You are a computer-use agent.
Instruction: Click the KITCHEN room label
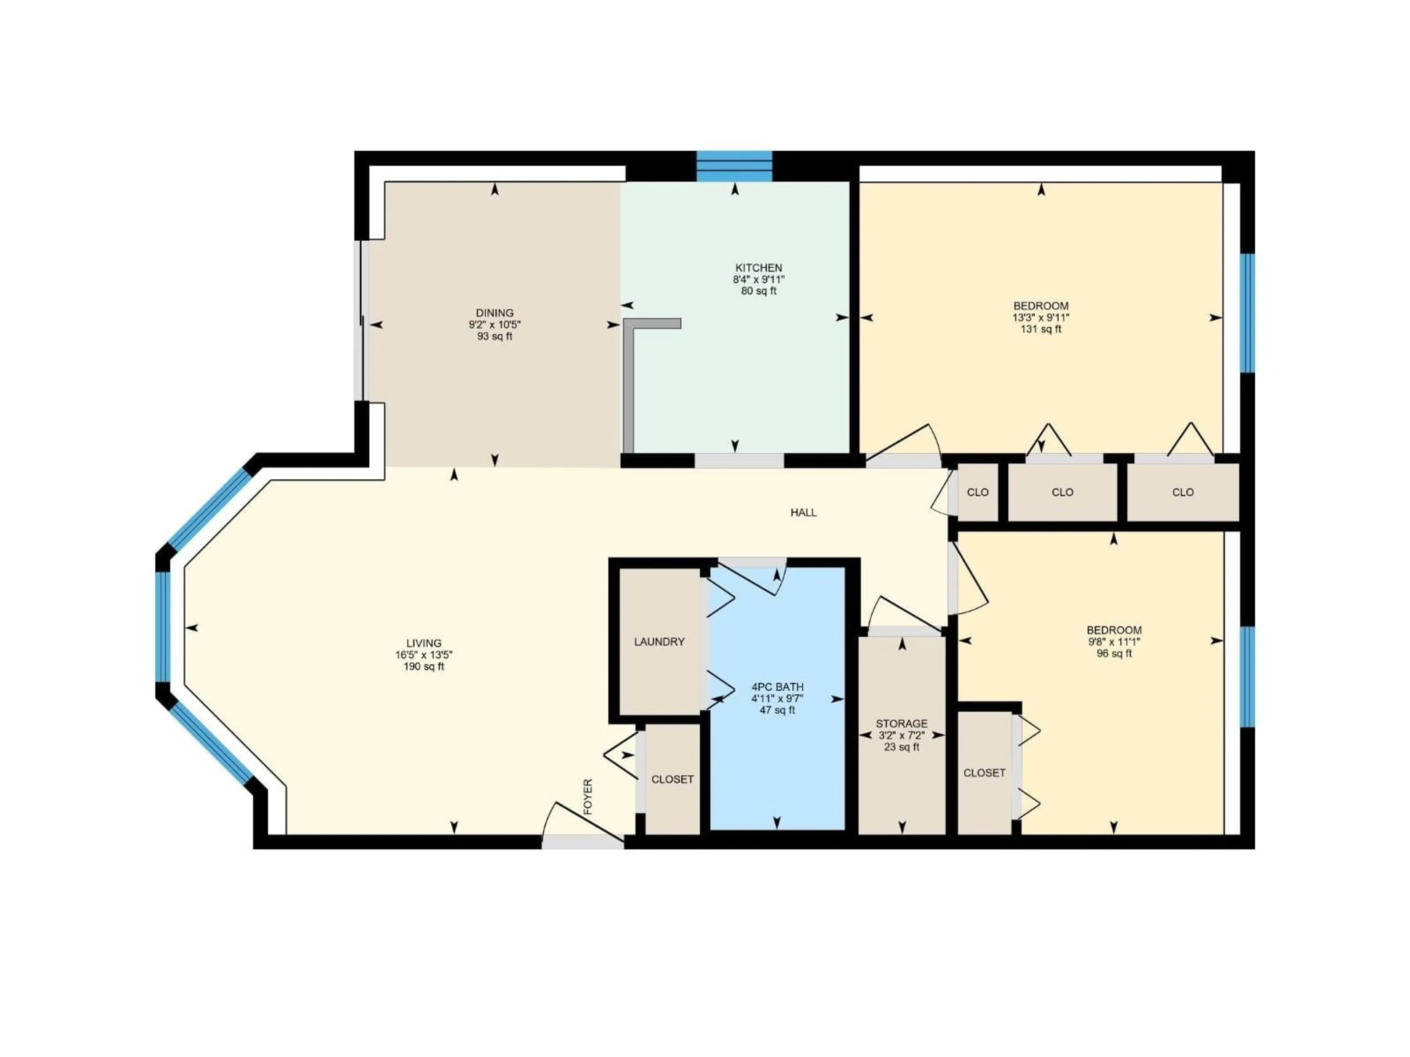[759, 268]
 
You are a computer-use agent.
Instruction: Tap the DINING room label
[495, 313]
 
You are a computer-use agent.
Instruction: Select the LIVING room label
[424, 643]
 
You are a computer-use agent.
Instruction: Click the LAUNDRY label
[659, 642]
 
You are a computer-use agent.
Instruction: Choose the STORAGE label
[901, 724]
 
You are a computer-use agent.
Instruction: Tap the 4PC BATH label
[777, 687]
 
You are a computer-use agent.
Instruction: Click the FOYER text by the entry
[588, 796]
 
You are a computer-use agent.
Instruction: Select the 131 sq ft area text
[1041, 330]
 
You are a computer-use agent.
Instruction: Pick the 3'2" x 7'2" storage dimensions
[901, 735]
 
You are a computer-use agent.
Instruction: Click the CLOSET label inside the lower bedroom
[984, 773]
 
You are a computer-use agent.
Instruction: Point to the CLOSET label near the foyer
[672, 779]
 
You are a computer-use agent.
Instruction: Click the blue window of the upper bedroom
[1247, 313]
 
